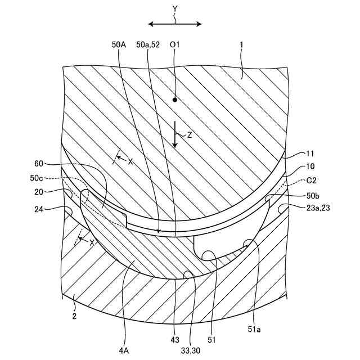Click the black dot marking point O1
point(175,100)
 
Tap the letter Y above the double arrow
point(175,10)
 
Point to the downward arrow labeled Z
point(175,135)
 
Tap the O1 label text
point(174,43)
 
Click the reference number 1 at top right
point(242,43)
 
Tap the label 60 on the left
point(39,164)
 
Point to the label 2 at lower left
point(74,316)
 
